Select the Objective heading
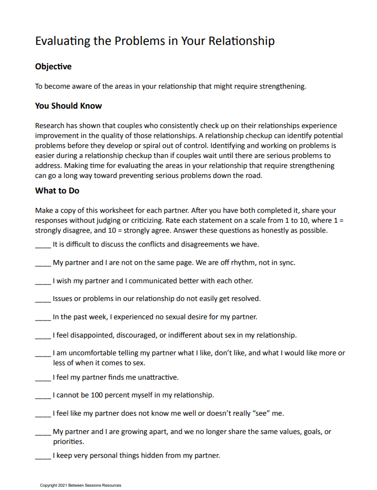pyautogui.click(x=53, y=67)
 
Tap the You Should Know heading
pyautogui.click(x=68, y=106)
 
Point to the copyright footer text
pyautogui.click(x=80, y=485)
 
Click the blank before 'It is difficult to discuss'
pyautogui.click(x=43, y=244)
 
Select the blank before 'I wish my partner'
pyautogui.click(x=43, y=281)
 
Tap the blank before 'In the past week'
pyautogui.click(x=43, y=318)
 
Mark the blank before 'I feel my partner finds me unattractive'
pyautogui.click(x=43, y=377)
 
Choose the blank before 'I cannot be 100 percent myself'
pyautogui.click(x=43, y=396)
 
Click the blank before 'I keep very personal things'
pyautogui.click(x=43, y=456)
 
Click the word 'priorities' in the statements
pyautogui.click(x=68, y=442)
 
